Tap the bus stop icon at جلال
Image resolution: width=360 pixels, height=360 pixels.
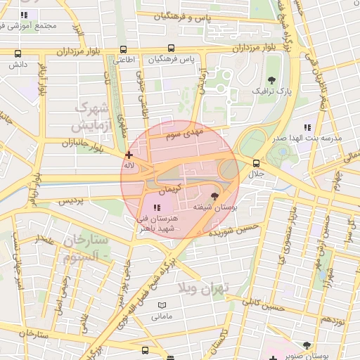pos(256,163)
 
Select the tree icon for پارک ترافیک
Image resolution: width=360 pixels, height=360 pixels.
pos(272,79)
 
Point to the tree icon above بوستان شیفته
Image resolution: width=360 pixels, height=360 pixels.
pos(215,196)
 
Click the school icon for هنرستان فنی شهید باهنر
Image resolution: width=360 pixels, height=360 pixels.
pos(157,207)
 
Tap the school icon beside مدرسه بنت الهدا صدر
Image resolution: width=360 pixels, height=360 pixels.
pos(307,127)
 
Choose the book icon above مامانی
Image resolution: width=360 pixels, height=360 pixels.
pos(163,306)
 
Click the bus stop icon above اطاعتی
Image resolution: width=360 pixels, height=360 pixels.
pos(124,50)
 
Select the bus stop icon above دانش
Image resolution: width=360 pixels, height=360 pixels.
pos(18,53)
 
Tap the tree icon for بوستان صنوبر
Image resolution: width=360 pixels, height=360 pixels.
pos(306,345)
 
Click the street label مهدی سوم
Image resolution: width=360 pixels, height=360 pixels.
pos(207,131)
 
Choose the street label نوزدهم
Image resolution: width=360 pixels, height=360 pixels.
pos(333,320)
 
